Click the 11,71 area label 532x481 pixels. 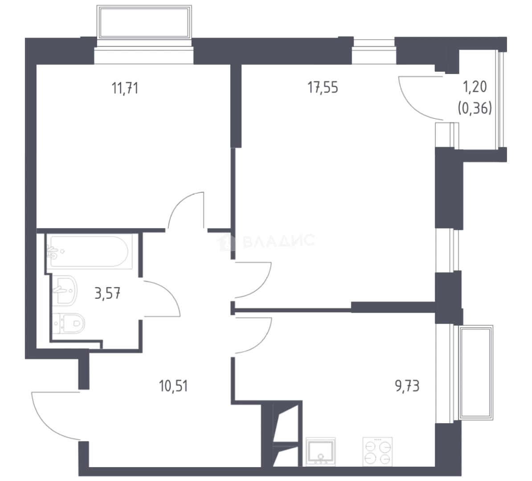125,88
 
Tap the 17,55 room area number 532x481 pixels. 323,88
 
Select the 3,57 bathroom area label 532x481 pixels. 107,293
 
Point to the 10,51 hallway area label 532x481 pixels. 173,386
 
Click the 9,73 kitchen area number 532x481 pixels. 407,386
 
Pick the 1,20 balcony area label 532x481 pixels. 475,87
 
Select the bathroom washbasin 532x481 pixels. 65,290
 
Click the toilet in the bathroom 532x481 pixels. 69,323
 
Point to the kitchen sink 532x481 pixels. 321,452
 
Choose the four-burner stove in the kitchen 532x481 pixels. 378,452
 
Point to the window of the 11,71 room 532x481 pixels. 144,55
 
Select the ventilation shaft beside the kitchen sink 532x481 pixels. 286,435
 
